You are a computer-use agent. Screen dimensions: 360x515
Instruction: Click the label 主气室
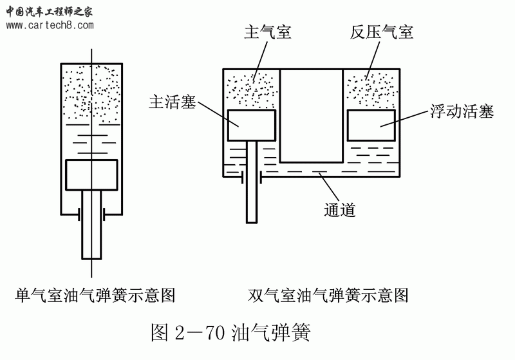coord(268,32)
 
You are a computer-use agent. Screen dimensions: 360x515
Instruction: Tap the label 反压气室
coord(382,32)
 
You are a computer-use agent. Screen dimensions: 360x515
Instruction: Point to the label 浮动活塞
coord(462,111)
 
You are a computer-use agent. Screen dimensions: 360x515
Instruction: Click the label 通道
coord(341,209)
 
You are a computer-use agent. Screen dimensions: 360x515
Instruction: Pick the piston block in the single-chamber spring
coord(91,175)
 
